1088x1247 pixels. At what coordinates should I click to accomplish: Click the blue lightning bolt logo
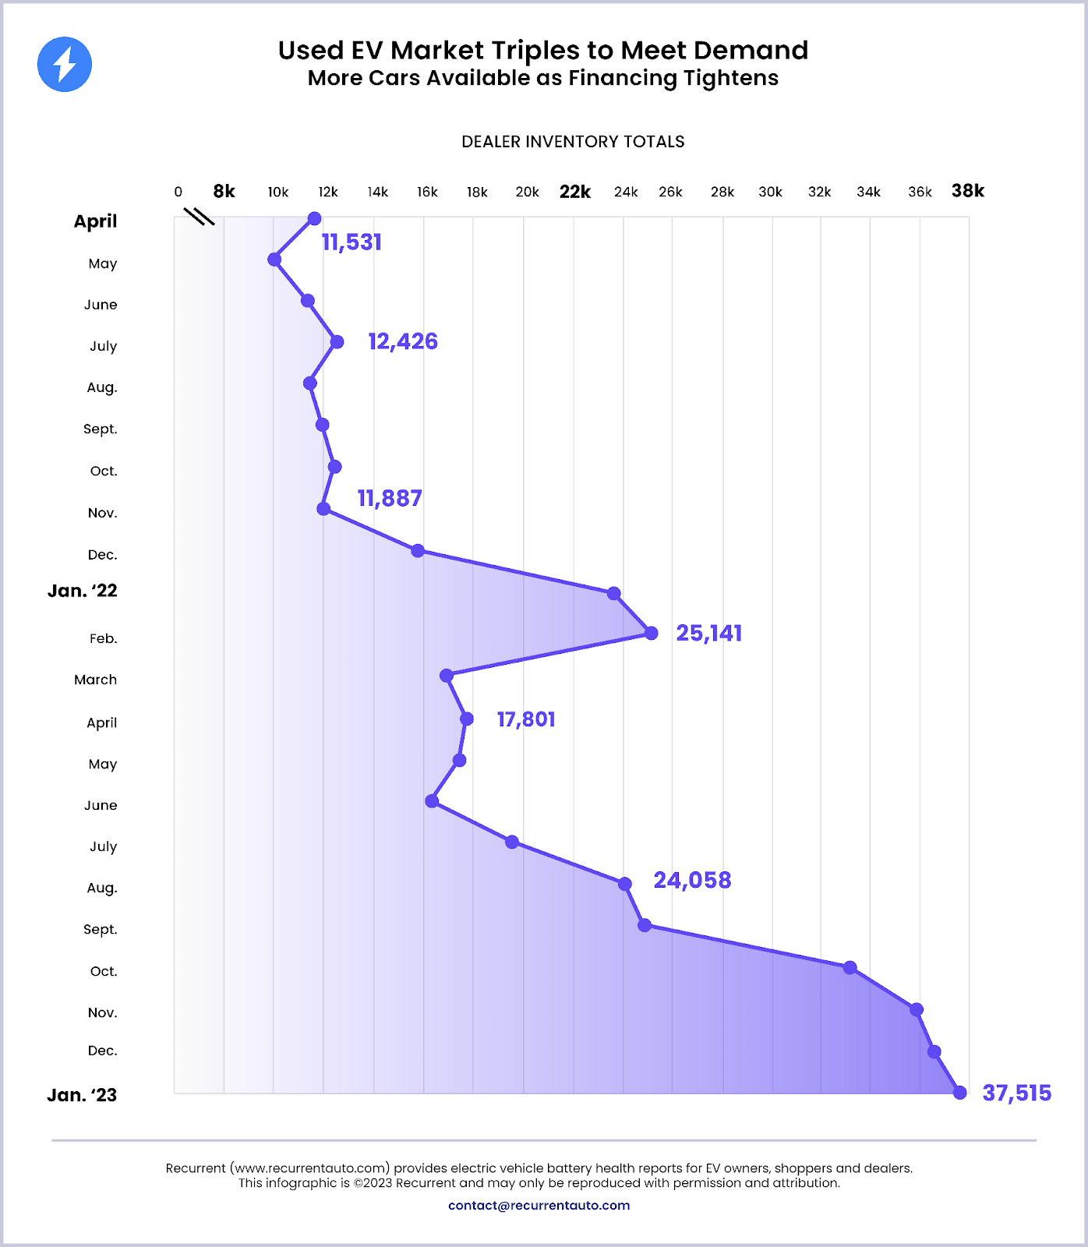tap(65, 64)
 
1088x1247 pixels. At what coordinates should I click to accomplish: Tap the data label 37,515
tap(1016, 1093)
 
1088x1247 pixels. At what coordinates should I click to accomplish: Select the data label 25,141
tap(708, 633)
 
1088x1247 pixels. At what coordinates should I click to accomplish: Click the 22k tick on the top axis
tap(575, 192)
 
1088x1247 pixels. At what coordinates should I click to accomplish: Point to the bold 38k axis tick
tap(968, 191)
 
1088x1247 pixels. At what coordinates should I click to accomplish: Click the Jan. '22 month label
tap(83, 591)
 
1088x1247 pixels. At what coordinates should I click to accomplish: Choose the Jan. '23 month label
tap(82, 1095)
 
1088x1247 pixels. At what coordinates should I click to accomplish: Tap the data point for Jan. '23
tap(960, 1093)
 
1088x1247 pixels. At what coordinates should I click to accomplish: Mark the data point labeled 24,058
tap(624, 884)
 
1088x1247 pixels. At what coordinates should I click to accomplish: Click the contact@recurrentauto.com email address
tap(539, 1205)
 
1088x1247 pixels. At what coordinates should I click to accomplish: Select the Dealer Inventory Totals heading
tap(573, 142)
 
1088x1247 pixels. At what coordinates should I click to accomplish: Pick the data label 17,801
tap(526, 719)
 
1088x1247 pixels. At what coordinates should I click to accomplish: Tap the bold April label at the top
tap(95, 221)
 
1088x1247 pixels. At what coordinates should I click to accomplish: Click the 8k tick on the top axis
tap(224, 192)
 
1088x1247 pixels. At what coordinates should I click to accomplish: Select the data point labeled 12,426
tap(337, 341)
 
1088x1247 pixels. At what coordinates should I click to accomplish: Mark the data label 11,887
tap(390, 498)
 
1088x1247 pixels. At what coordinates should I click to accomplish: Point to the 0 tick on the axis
tap(178, 192)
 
